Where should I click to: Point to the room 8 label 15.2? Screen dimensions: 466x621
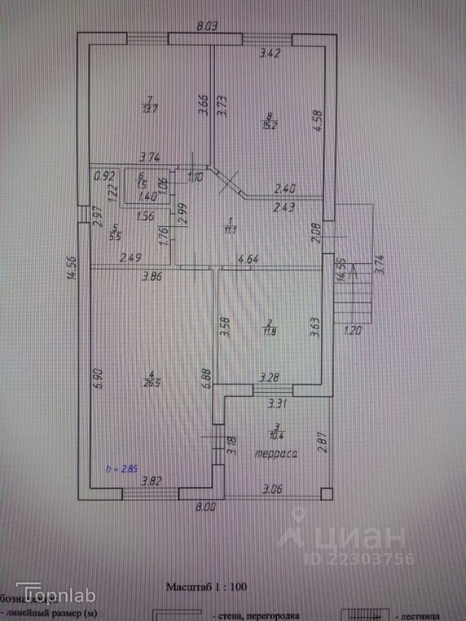pos(270,121)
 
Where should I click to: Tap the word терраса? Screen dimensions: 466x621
pos(276,453)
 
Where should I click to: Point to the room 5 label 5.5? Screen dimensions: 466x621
pos(115,232)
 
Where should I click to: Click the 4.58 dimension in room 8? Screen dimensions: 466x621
pos(316,121)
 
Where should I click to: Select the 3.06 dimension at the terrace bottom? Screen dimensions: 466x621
pos(273,490)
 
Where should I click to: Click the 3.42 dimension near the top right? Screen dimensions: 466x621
pos(270,54)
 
